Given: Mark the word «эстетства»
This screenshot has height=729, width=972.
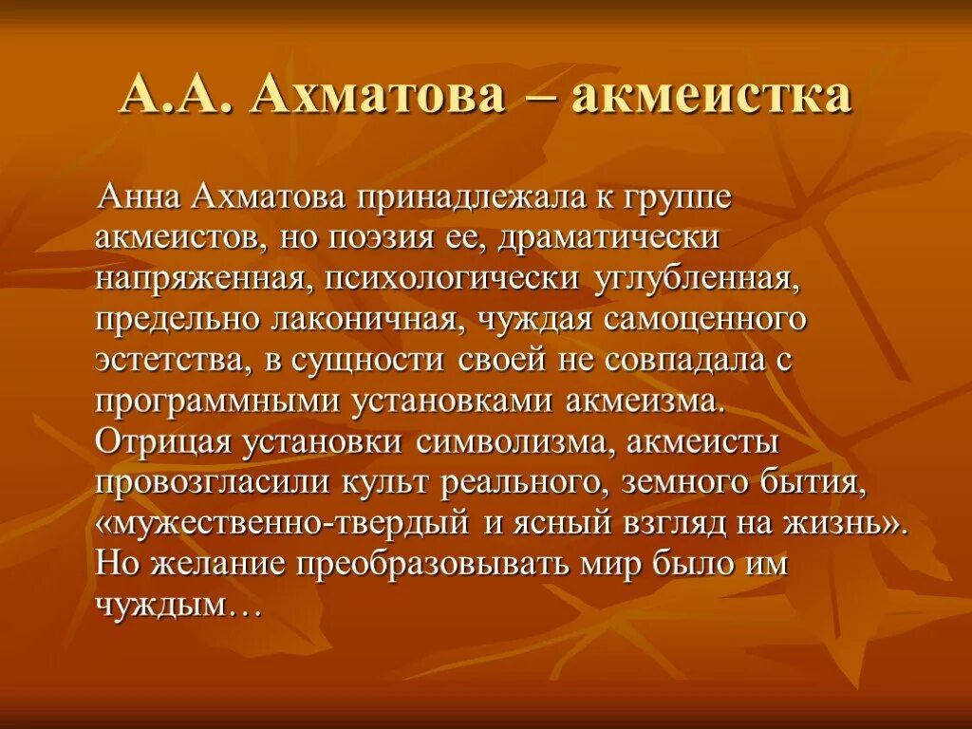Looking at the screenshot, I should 167,361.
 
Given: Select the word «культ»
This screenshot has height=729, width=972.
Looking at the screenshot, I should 388,483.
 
